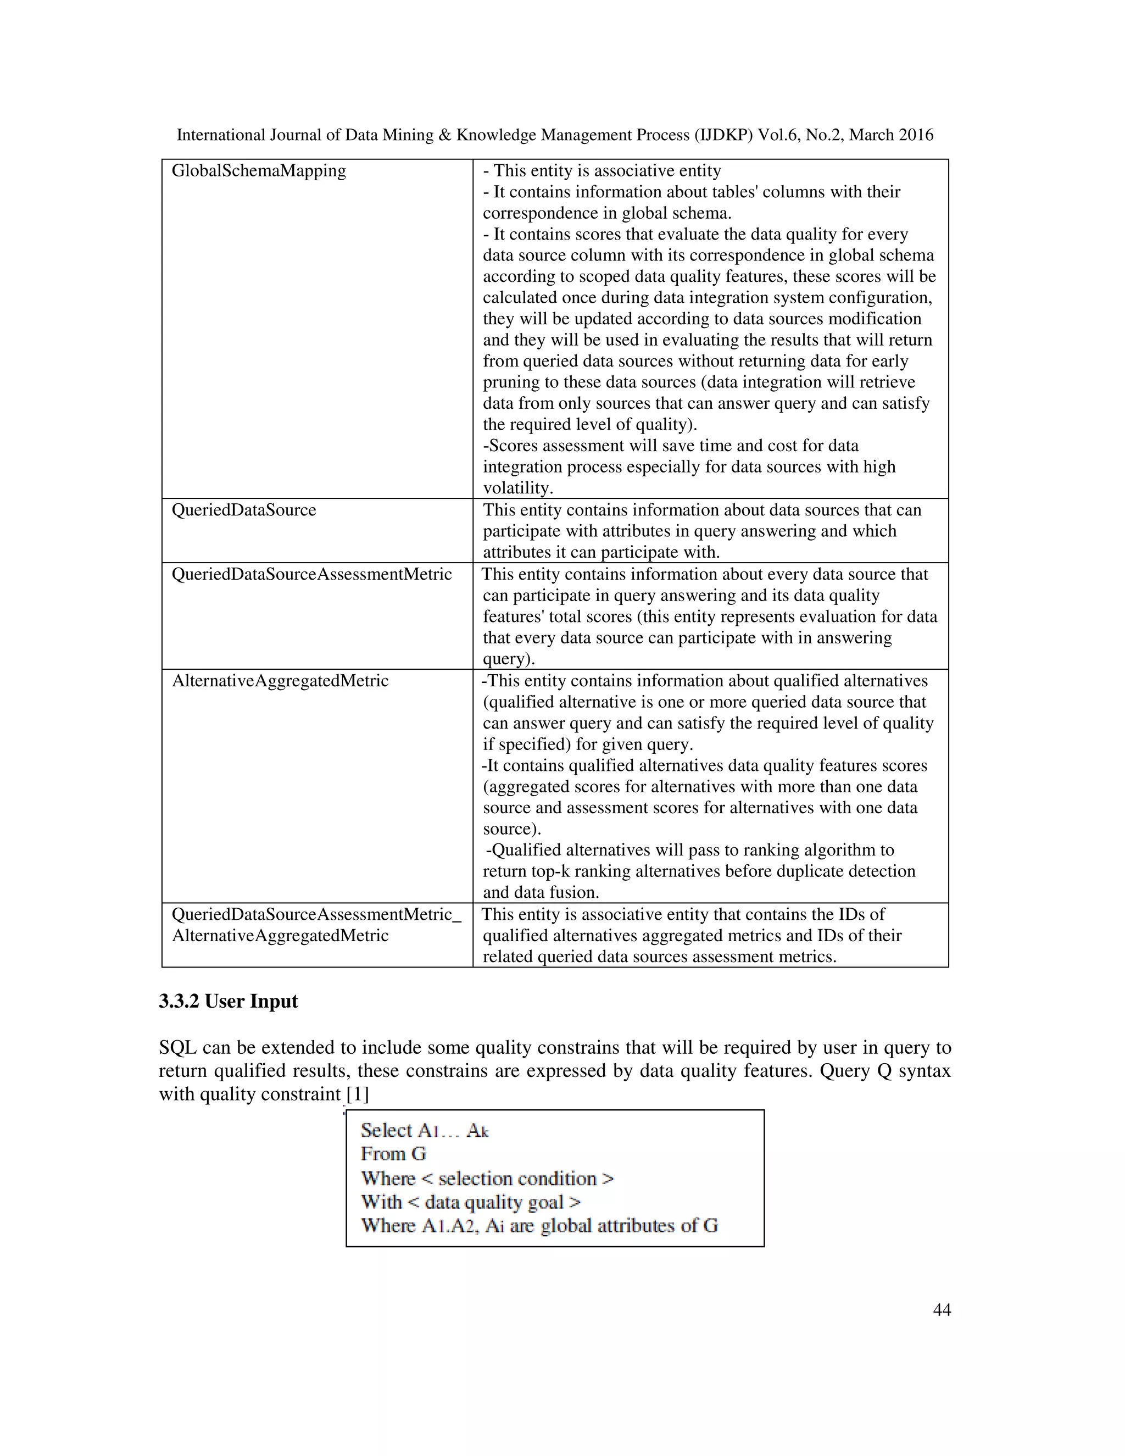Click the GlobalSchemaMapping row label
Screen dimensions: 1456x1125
click(x=259, y=171)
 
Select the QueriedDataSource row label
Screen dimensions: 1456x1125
click(x=244, y=510)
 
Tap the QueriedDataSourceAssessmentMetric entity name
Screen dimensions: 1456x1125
click(x=312, y=574)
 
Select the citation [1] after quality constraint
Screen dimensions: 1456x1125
click(x=357, y=1094)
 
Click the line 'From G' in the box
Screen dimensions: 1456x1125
click(x=393, y=1153)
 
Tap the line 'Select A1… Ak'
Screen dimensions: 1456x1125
click(x=425, y=1130)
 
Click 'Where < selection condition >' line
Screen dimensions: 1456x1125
click(x=487, y=1178)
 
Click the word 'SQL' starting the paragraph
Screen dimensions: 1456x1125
click(x=177, y=1047)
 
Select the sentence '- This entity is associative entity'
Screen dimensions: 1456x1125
click(x=602, y=171)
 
